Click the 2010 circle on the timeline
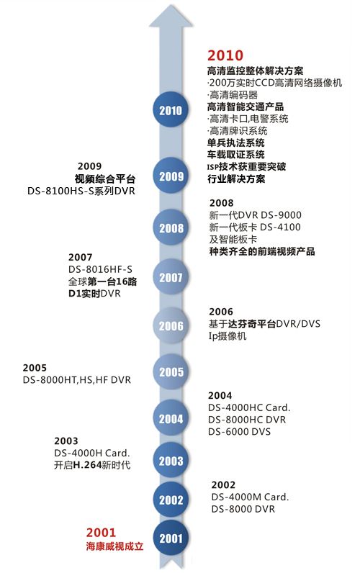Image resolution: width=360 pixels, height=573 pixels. click(x=171, y=110)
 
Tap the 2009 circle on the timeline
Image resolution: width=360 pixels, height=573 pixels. click(x=171, y=176)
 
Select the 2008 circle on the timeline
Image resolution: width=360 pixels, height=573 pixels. click(x=171, y=227)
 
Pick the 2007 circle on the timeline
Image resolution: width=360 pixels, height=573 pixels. click(x=171, y=277)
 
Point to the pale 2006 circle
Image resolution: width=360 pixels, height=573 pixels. click(x=171, y=325)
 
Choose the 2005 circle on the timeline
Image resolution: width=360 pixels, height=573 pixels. click(x=171, y=371)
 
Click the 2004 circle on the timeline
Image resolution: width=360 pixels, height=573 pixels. click(x=171, y=418)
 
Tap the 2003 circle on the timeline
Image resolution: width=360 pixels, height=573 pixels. click(x=171, y=461)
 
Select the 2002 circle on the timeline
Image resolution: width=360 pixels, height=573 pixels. click(x=171, y=500)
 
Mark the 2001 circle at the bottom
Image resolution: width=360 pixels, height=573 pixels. click(x=171, y=538)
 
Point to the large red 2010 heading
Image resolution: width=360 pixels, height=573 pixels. click(x=225, y=55)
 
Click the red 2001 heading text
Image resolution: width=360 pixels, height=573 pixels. click(x=101, y=533)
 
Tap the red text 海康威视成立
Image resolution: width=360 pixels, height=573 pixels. click(x=114, y=546)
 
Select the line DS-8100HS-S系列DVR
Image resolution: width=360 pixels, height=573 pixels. click(x=81, y=191)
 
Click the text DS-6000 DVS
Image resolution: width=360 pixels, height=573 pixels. click(x=239, y=432)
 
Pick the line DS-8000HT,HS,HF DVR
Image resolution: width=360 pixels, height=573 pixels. click(x=77, y=380)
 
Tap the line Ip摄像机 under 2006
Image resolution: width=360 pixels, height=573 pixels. click(x=228, y=336)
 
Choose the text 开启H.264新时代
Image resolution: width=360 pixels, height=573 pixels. click(x=92, y=465)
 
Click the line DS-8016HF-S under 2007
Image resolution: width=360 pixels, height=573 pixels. click(x=100, y=269)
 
